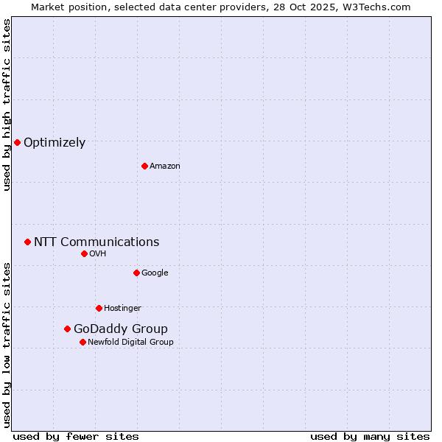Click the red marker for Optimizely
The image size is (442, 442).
click(17, 142)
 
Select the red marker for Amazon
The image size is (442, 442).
click(144, 166)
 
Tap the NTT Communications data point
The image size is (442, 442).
click(27, 242)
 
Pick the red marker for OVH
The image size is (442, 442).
click(84, 253)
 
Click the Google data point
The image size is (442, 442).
click(136, 273)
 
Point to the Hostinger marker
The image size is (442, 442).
click(99, 308)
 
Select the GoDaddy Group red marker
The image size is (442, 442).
click(67, 329)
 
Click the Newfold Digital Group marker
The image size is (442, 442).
click(83, 342)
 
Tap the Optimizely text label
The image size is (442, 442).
click(55, 143)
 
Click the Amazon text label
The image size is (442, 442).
click(165, 166)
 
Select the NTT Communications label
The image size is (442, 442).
click(97, 242)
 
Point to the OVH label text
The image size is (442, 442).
click(98, 254)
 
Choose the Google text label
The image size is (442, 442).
click(155, 273)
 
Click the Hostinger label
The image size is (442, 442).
click(122, 309)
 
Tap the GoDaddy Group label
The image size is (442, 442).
click(121, 329)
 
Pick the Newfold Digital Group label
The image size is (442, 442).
click(130, 343)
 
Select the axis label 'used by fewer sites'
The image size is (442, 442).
click(76, 436)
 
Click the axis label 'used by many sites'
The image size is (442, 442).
click(370, 436)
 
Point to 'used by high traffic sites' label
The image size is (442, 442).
click(7, 105)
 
